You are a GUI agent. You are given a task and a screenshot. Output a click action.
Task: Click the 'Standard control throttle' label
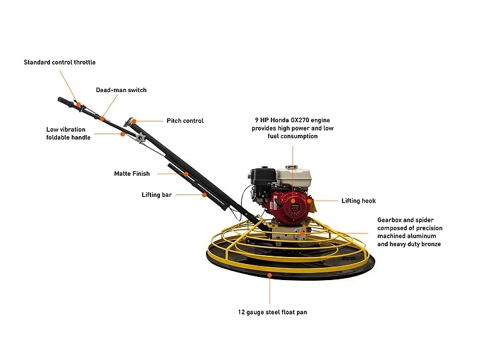[60, 62]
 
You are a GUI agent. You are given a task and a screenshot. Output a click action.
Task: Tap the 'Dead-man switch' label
[121, 90]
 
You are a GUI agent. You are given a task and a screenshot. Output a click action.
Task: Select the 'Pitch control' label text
[185, 121]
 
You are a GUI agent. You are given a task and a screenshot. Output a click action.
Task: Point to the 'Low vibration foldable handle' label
[68, 133]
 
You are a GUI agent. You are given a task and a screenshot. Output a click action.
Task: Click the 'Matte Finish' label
[132, 173]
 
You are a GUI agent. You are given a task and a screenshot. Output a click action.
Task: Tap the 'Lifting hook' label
[358, 201]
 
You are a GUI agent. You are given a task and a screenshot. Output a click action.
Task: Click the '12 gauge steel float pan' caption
[269, 313]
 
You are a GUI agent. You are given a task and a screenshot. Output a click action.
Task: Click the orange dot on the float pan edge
[269, 275]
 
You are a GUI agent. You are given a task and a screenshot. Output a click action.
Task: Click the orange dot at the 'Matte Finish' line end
[186, 173]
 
